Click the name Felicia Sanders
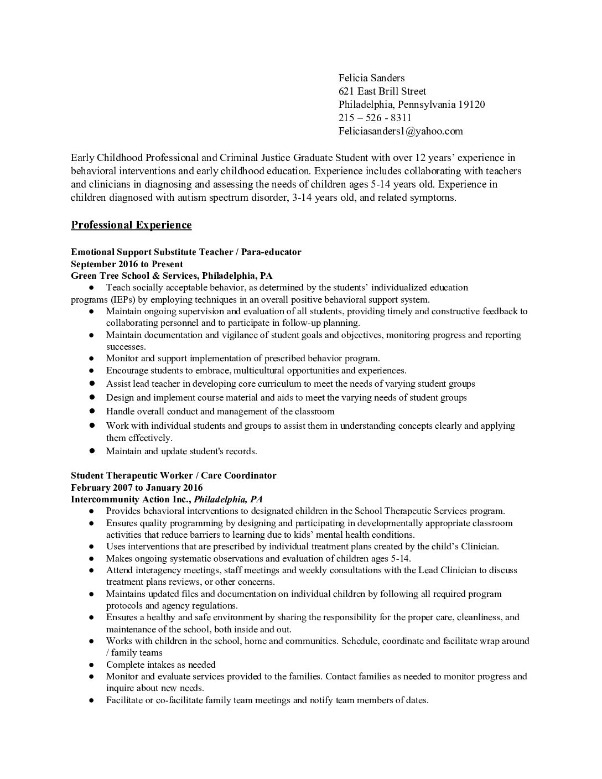click(x=371, y=78)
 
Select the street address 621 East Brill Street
click(x=382, y=91)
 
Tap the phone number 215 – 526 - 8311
click(x=375, y=118)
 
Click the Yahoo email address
click(x=401, y=131)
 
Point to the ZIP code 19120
click(x=471, y=105)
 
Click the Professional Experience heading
click(x=131, y=225)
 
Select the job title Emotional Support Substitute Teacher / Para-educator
click(x=186, y=252)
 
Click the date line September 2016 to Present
click(x=127, y=264)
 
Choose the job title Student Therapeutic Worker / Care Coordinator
click(x=173, y=475)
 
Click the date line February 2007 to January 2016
click(x=137, y=487)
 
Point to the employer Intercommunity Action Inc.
click(x=131, y=499)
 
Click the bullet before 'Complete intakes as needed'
click(x=91, y=664)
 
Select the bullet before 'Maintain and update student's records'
click(x=91, y=451)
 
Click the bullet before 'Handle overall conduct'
click(x=91, y=411)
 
